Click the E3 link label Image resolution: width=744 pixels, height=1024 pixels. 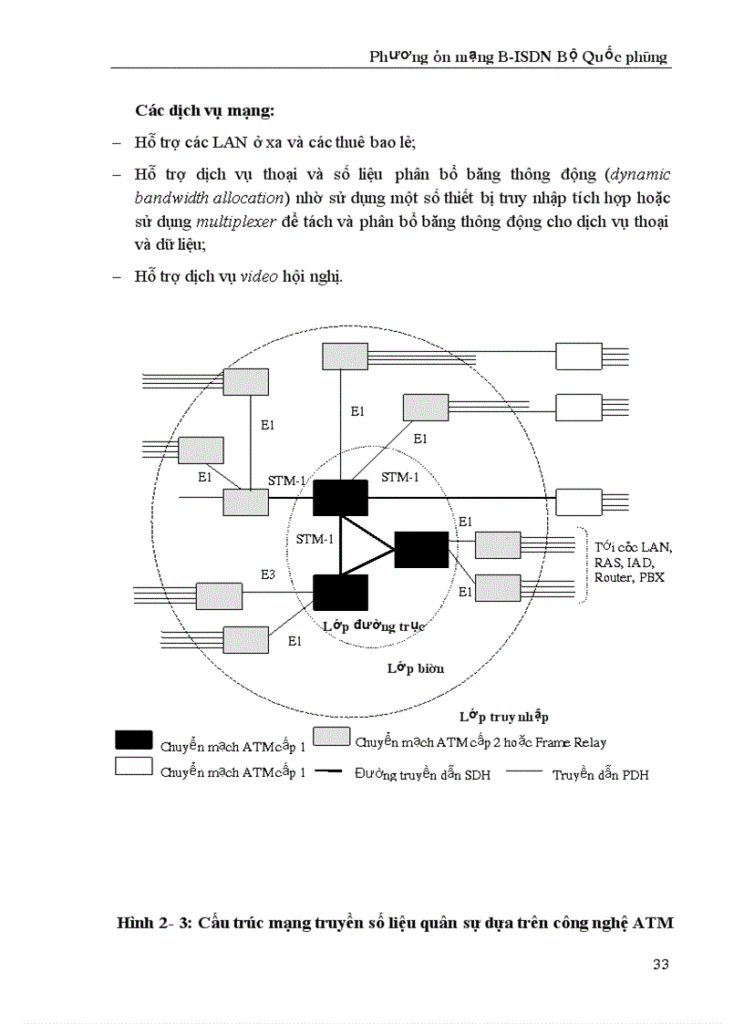268,574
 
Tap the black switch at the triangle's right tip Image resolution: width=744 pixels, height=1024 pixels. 421,549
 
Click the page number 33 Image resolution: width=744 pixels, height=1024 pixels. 662,965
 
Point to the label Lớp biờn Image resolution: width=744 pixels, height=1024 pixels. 415,668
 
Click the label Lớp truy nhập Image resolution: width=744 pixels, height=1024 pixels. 503,717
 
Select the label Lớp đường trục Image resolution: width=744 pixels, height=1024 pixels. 375,626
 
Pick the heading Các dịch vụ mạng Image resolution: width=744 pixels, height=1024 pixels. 204,111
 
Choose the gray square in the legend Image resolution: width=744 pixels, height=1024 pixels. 332,737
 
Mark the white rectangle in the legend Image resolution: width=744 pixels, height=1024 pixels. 133,767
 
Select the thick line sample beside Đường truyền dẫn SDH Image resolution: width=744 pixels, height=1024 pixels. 327,771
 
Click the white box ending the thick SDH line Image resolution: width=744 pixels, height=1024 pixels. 579,502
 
